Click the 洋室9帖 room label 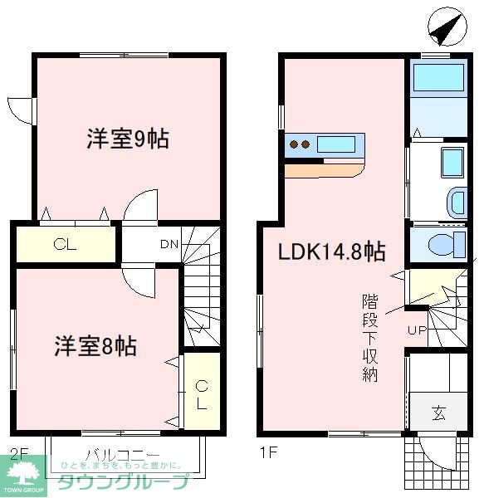(x=128, y=139)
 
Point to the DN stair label (x=169, y=245)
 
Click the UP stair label (x=416, y=331)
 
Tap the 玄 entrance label (x=438, y=413)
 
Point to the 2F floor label (x=18, y=454)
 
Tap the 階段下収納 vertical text (x=369, y=336)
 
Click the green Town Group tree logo (x=22, y=476)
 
